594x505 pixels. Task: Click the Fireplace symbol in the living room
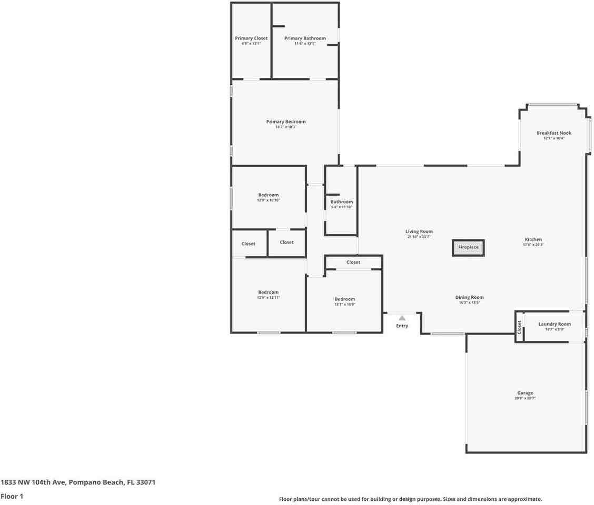pos(468,247)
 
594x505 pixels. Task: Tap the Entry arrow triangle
pos(402,318)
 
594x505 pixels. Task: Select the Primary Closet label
pos(251,38)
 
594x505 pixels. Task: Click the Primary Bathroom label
pos(305,38)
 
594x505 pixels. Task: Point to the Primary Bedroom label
pos(285,122)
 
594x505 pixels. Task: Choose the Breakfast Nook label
pos(553,133)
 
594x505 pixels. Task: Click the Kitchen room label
pos(533,239)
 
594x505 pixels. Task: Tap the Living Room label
pos(419,231)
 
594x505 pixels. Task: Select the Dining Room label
pos(469,297)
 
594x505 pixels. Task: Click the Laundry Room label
pos(555,324)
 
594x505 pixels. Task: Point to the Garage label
pos(524,393)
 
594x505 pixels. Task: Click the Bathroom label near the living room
pos(342,202)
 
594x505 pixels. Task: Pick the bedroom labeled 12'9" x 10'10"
pos(268,195)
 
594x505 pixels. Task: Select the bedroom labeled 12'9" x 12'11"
pos(268,292)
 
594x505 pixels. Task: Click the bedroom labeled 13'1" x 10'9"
pos(344,299)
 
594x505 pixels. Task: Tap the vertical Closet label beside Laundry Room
pos(519,328)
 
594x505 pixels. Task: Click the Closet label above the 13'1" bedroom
pos(353,262)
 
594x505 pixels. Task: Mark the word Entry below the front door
pos(402,326)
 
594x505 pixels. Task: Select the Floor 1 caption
pos(12,496)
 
